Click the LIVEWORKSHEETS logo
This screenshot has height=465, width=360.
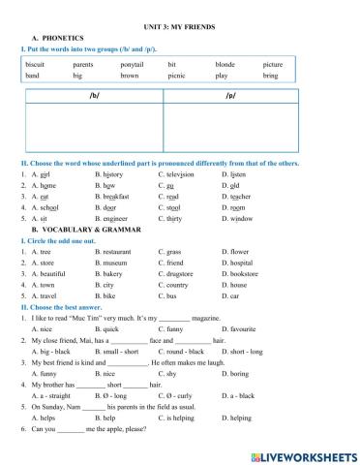tap(301, 454)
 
